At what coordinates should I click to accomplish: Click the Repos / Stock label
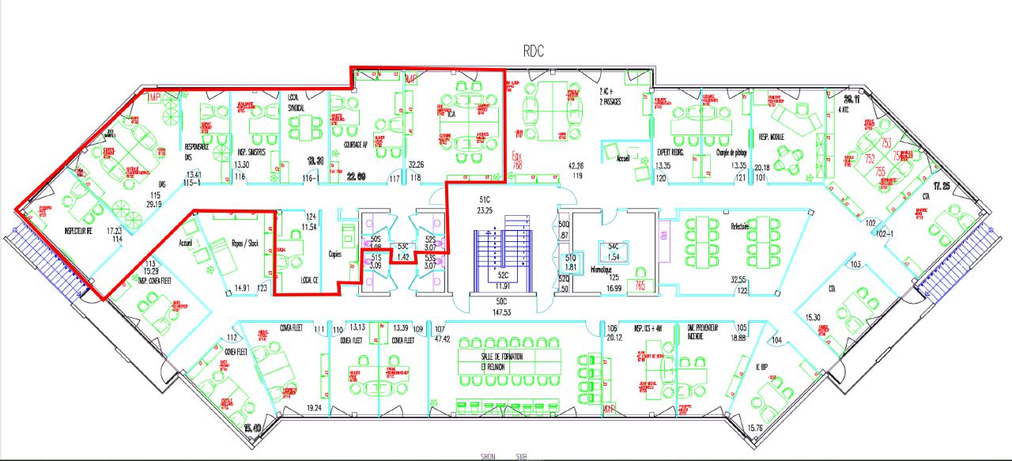pyautogui.click(x=246, y=244)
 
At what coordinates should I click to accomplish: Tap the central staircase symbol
pyautogui.click(x=502, y=250)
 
